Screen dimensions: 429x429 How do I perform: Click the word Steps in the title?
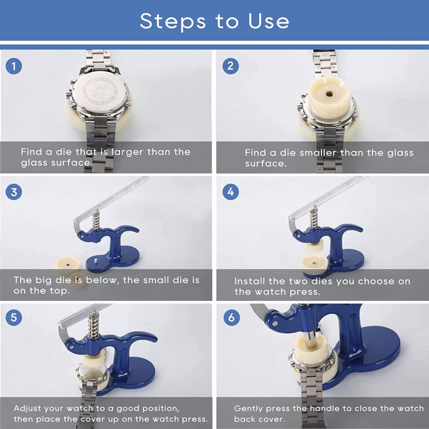point(173,21)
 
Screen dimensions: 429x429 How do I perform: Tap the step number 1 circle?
point(14,66)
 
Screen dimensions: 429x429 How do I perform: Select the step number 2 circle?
point(230,66)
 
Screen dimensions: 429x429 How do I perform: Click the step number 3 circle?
point(14,192)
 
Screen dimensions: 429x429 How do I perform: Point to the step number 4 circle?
point(230,192)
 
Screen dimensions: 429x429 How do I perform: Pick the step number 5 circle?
point(14,317)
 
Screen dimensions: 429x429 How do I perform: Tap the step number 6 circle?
point(232,317)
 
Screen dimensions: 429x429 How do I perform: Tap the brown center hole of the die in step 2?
point(329,94)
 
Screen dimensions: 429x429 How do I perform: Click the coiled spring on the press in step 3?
point(95,221)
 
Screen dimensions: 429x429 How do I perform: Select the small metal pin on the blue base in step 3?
point(96,260)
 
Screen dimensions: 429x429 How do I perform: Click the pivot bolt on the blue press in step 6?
point(275,324)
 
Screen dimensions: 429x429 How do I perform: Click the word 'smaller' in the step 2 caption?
point(318,152)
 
